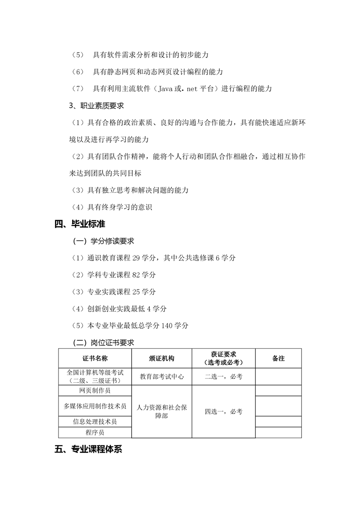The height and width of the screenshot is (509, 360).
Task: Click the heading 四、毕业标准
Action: [80, 224]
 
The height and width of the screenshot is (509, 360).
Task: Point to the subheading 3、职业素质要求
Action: [96, 106]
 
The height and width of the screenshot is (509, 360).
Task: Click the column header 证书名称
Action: [95, 358]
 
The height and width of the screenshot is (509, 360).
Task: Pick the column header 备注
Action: [278, 358]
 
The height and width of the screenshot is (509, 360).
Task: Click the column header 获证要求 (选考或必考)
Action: [223, 358]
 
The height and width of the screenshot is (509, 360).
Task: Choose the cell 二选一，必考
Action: [223, 377]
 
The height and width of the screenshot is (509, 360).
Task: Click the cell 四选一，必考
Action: [223, 411]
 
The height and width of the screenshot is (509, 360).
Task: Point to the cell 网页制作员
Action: [95, 390]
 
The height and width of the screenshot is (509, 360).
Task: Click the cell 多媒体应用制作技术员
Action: [95, 406]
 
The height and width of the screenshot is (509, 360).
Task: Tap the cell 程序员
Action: [95, 433]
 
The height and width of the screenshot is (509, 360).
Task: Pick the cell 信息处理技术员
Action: [95, 421]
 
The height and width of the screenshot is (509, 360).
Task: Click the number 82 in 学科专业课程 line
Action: [135, 275]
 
